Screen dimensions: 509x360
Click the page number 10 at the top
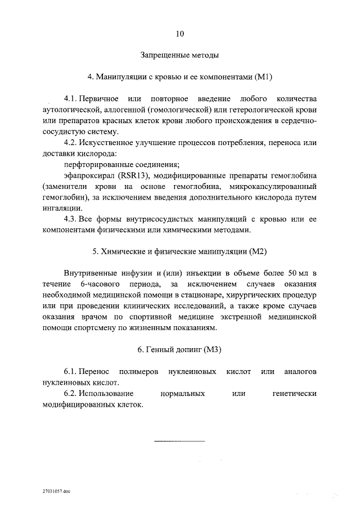[x=179, y=34]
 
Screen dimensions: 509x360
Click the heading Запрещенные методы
[x=179, y=55]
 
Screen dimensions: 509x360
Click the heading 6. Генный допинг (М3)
[x=179, y=350]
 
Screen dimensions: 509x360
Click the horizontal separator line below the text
[x=179, y=440]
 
